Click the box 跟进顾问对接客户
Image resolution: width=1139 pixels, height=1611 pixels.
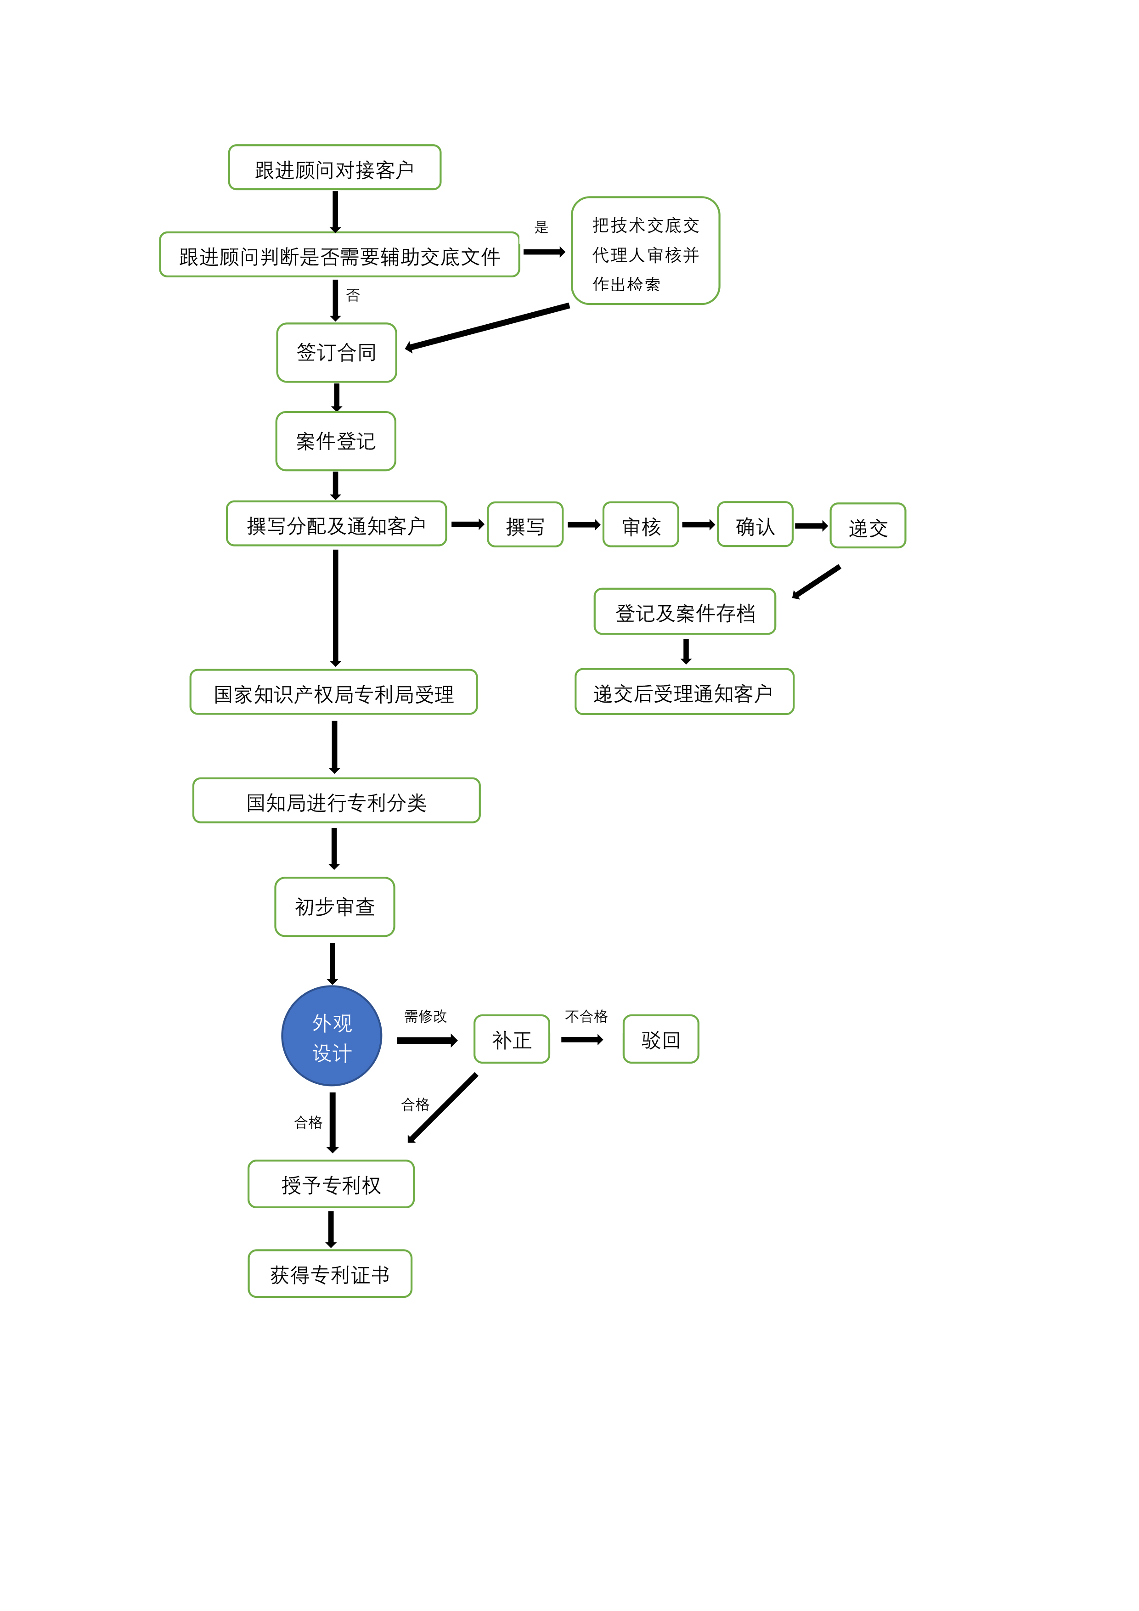(x=335, y=168)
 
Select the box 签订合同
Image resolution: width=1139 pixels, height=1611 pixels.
(x=336, y=352)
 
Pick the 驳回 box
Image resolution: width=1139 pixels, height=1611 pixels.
(x=660, y=1039)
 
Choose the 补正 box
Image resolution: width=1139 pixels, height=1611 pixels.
(x=512, y=1039)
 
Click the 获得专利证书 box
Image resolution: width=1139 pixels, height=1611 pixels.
(x=330, y=1273)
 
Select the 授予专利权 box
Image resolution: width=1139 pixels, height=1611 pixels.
(x=331, y=1184)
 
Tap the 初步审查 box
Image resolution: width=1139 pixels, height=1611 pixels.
(x=335, y=907)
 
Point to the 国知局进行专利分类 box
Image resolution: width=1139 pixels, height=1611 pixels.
(x=336, y=800)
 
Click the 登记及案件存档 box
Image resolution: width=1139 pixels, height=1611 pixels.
(x=684, y=612)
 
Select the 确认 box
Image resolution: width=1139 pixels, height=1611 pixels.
(x=755, y=525)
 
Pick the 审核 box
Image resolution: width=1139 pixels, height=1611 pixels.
(x=641, y=525)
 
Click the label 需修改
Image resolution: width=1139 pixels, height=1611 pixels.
(x=425, y=1016)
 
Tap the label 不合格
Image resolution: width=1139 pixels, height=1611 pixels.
(x=586, y=1016)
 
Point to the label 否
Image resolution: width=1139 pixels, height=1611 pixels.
(x=353, y=295)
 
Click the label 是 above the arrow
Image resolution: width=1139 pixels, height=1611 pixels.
(x=541, y=227)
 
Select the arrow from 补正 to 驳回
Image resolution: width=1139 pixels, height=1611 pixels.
(x=582, y=1040)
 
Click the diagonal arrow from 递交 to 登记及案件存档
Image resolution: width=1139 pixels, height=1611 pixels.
(x=816, y=582)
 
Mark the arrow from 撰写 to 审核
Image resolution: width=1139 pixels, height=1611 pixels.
(x=583, y=525)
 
